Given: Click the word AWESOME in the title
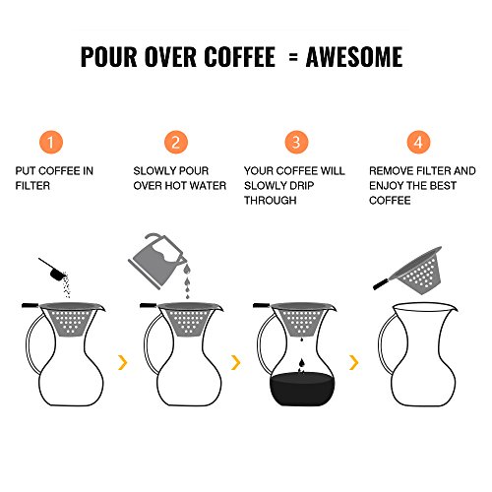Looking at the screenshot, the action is coord(354,57).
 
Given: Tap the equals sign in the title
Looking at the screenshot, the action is coord(293,57).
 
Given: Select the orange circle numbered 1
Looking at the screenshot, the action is coord(50,143).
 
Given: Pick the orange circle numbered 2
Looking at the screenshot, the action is coord(176,143).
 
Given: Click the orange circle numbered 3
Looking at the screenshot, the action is coord(296,143).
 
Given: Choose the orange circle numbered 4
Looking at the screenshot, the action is coord(418,143).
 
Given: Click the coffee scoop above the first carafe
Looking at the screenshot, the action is coord(53,270).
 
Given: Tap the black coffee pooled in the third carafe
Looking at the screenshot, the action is coord(302,390).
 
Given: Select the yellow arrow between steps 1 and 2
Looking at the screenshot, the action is coord(123,362).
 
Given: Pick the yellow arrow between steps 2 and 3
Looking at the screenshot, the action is coord(236,362).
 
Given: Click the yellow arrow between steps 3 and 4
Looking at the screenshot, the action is coord(354,362).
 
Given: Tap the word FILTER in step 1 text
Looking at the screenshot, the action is coord(32,186).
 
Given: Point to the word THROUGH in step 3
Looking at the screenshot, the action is coord(271,200).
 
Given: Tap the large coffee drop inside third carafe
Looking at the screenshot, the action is coord(302,363).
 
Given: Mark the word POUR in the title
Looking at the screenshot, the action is coord(108,57).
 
